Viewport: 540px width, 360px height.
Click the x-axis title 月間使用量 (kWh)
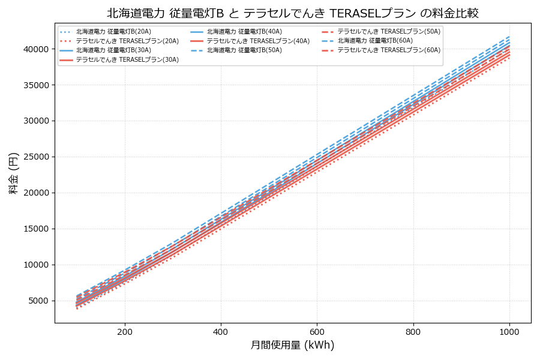pos(292,345)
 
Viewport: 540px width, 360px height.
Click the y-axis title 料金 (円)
pos(13,173)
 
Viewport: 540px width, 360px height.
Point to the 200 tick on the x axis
pos(125,331)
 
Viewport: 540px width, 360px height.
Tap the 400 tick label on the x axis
pos(221,331)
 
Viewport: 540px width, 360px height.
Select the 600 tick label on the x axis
pos(317,331)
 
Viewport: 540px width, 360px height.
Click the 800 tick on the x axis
pos(413,331)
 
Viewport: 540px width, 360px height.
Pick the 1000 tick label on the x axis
pos(509,331)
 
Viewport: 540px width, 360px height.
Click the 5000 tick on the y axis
pos(40,301)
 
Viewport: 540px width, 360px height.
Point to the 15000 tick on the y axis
pos(37,229)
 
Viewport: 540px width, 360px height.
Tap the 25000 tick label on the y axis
pos(37,157)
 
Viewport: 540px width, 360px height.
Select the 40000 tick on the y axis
pos(37,49)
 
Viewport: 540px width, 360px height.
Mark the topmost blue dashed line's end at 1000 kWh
pos(509,36)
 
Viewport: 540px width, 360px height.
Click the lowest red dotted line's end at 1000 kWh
pos(509,58)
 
